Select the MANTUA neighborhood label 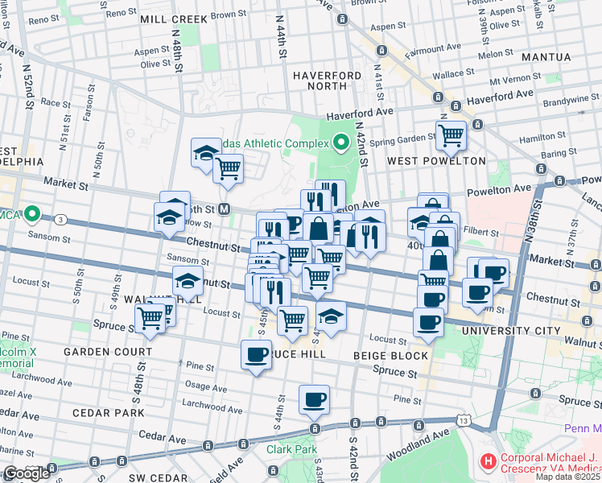tap(546, 57)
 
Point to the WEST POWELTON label tap(437, 160)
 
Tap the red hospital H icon tap(488, 461)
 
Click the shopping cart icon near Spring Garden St tap(451, 135)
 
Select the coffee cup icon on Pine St tap(314, 398)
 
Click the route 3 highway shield tap(60, 219)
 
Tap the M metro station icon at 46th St tap(225, 209)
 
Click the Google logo tap(26, 473)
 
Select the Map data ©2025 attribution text tap(567, 477)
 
